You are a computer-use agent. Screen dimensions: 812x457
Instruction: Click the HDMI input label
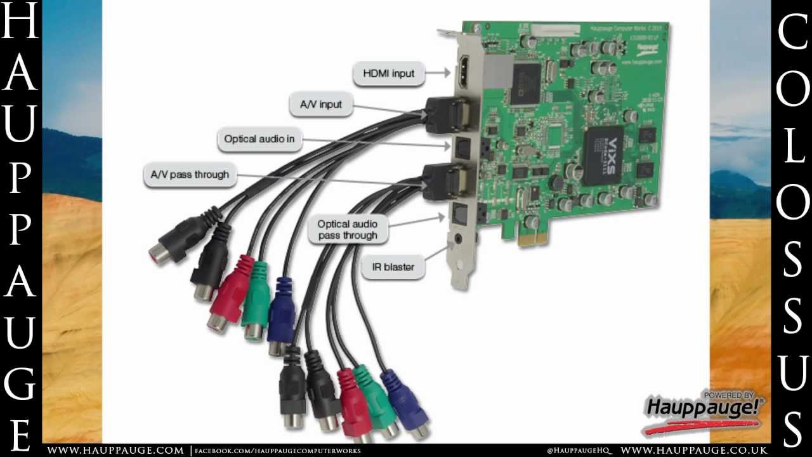(x=388, y=74)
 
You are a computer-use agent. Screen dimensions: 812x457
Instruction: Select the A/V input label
(x=320, y=105)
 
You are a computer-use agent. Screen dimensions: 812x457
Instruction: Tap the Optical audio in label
(x=259, y=139)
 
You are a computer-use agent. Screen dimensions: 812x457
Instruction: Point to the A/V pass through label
(x=190, y=175)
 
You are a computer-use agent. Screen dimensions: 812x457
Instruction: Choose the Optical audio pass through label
(x=347, y=230)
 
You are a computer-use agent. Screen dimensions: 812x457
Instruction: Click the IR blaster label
(x=393, y=267)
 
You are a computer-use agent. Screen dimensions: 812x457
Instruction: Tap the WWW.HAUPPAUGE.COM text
(x=115, y=451)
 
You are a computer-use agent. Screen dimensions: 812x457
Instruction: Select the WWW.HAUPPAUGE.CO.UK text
(x=694, y=451)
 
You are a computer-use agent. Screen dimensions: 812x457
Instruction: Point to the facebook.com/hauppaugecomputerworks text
(x=277, y=451)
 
